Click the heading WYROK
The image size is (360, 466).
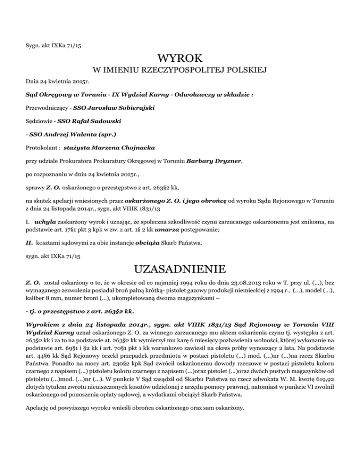click(180, 59)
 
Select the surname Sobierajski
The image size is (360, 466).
click(132, 108)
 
